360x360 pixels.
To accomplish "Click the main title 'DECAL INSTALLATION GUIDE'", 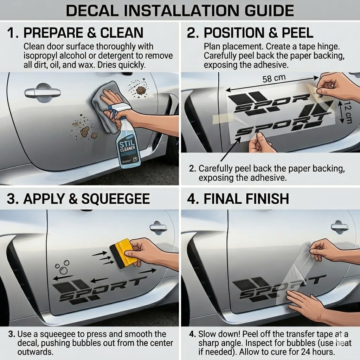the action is (180, 10).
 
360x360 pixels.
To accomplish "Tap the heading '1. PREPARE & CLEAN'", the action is (75, 33).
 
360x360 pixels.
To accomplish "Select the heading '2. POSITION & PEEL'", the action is (250, 33).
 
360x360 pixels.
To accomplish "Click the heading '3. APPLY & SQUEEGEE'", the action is (78, 199).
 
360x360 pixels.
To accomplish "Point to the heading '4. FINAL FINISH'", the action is (238, 199).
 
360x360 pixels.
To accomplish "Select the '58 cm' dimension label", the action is (274, 78).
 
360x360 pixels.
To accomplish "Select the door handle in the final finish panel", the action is (340, 226).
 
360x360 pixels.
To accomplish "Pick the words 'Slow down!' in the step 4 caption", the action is (219, 334).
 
